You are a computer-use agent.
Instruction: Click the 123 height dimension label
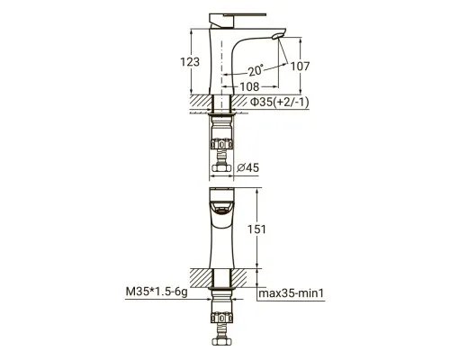190,62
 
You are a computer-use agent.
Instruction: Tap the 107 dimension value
300,67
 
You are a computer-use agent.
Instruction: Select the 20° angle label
256,70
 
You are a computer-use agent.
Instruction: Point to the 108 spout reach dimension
249,87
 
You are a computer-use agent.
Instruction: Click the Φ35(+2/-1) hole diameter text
280,103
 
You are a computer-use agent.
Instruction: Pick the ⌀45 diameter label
247,167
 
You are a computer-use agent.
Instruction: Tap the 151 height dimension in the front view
256,229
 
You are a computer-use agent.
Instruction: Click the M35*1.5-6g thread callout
157,292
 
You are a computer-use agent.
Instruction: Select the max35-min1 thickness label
292,293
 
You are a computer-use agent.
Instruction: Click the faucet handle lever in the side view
237,18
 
